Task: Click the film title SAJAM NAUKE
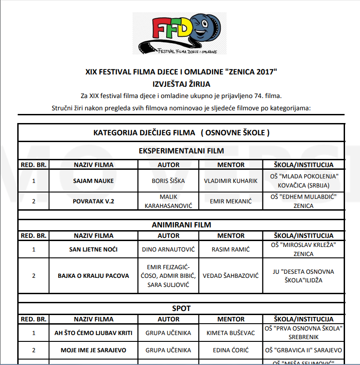pyautogui.click(x=94, y=181)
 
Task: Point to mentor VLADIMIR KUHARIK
pyautogui.click(x=231, y=181)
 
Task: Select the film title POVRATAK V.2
pyautogui.click(x=94, y=201)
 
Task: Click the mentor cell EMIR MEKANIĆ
pyautogui.click(x=231, y=201)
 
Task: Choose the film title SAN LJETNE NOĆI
pyautogui.click(x=94, y=249)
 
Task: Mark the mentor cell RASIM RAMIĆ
pyautogui.click(x=231, y=249)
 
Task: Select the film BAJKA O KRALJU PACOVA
pyautogui.click(x=94, y=276)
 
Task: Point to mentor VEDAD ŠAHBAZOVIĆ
pyautogui.click(x=231, y=276)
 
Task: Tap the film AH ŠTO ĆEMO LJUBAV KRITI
pyautogui.click(x=94, y=333)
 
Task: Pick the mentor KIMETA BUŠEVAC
pyautogui.click(x=231, y=333)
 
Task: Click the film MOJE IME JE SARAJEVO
pyautogui.click(x=94, y=350)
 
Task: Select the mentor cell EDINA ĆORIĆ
pyautogui.click(x=231, y=350)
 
